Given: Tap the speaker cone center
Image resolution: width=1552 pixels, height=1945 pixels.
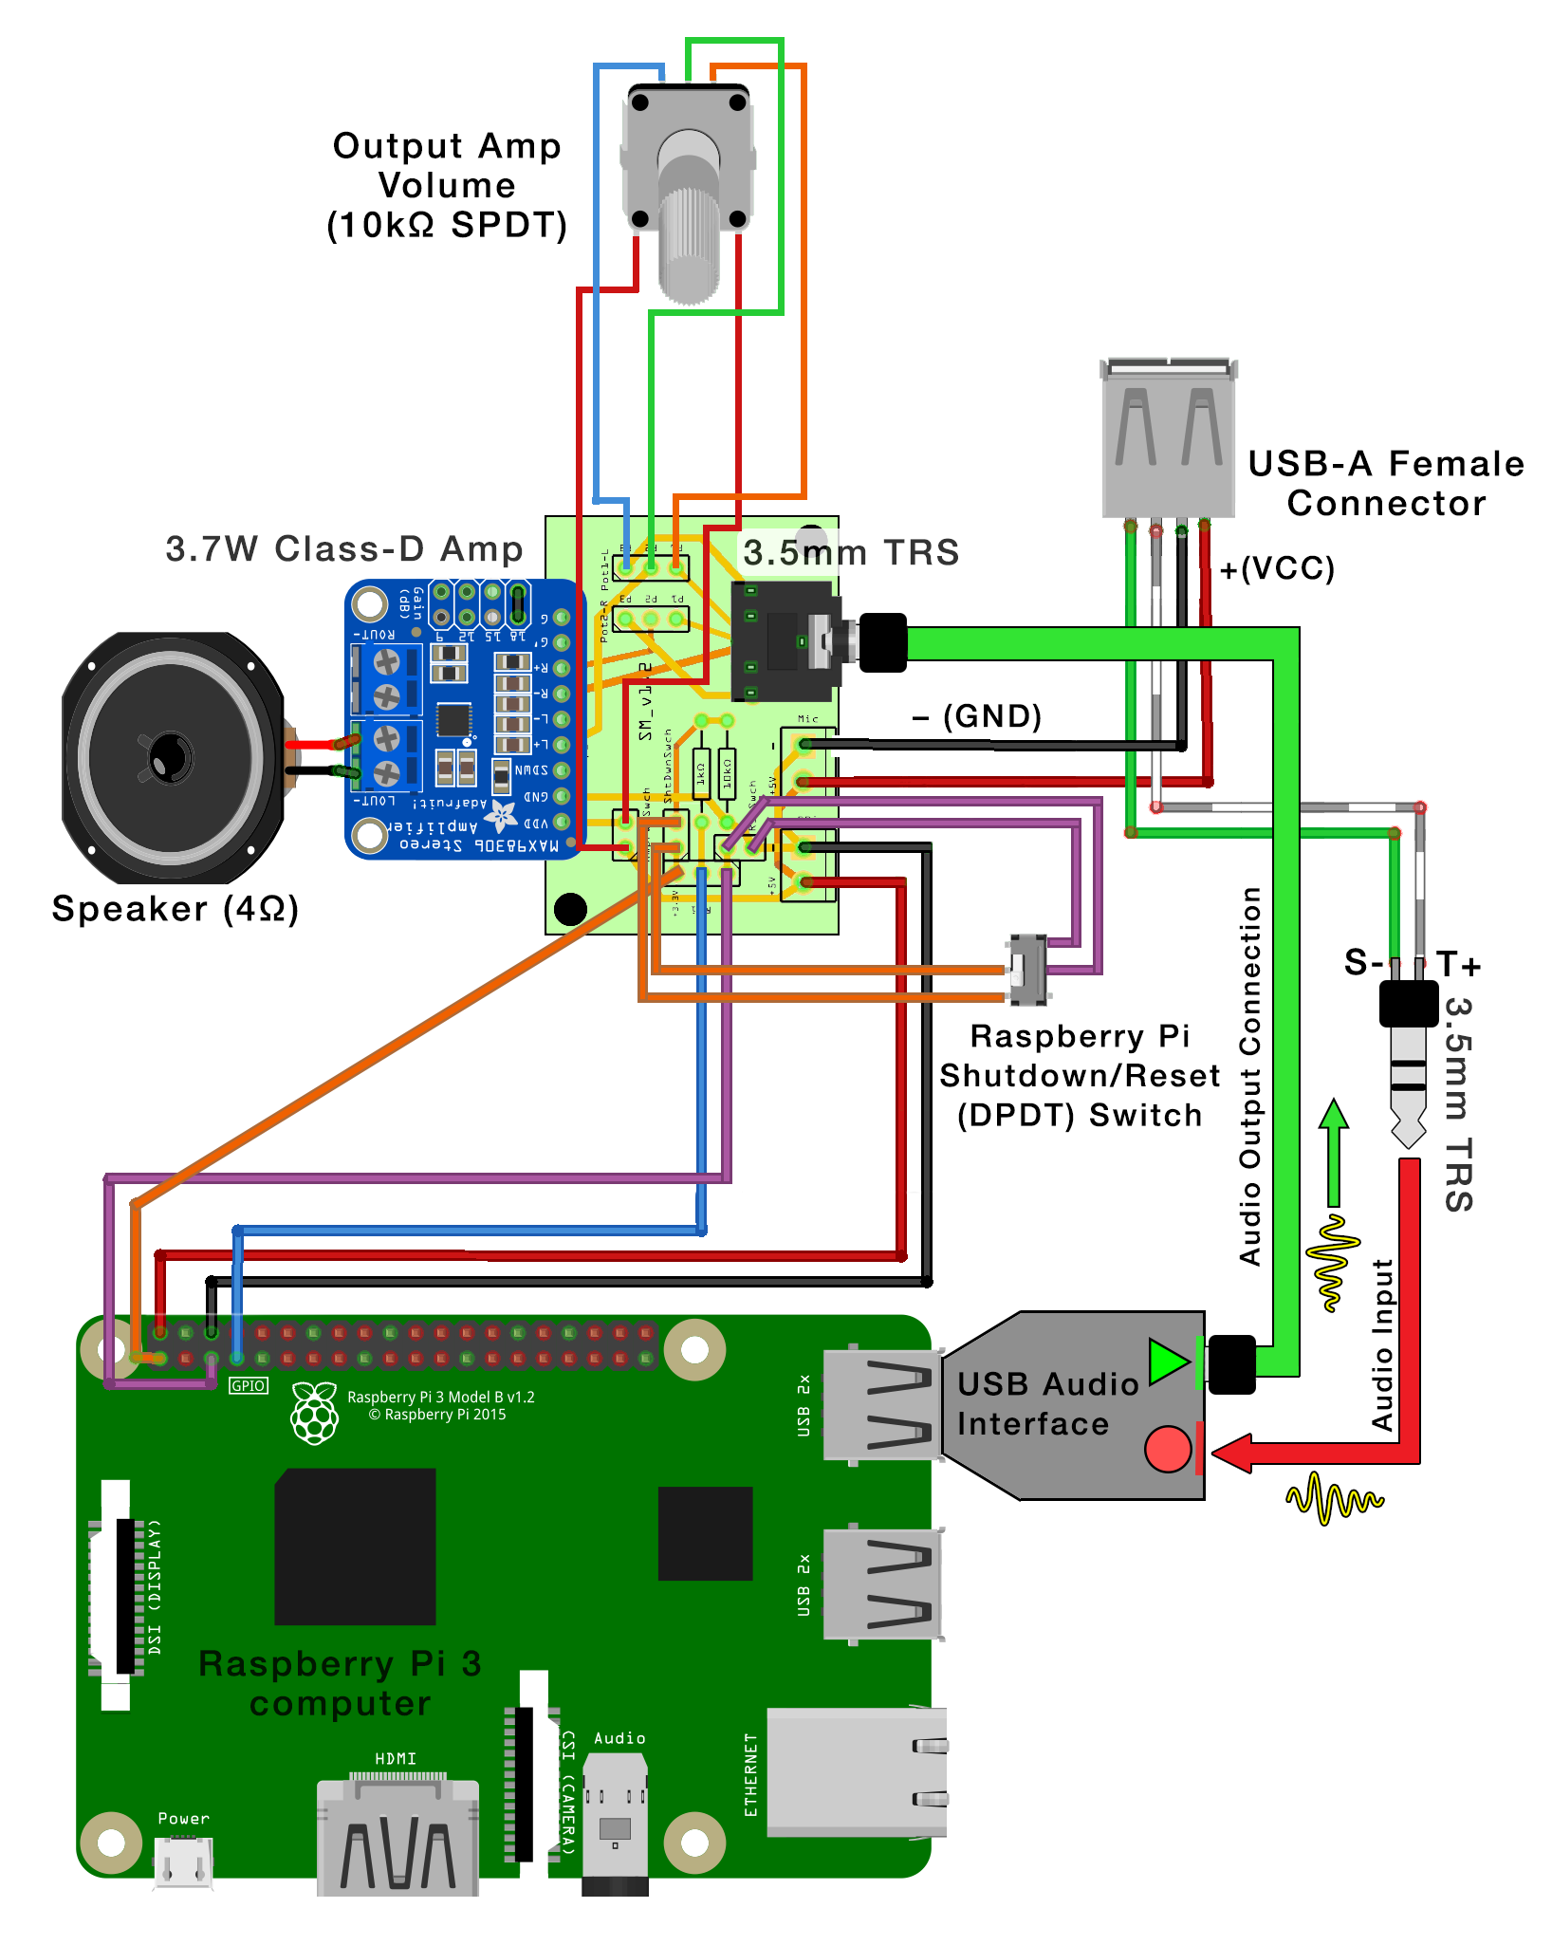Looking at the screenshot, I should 170,757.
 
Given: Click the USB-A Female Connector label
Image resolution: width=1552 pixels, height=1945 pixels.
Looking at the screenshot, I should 1385,483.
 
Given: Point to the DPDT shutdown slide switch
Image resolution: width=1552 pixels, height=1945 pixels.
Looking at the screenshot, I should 1028,970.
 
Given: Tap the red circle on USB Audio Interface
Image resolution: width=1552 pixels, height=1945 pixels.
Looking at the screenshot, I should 1167,1449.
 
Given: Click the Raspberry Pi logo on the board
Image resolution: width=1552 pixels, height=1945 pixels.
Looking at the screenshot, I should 315,1412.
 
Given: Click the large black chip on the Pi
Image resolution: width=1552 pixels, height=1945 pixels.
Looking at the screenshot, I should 355,1546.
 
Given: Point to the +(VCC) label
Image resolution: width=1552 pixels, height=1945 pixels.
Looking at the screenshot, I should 1277,568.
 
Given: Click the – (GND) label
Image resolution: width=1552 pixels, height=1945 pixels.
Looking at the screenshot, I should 977,715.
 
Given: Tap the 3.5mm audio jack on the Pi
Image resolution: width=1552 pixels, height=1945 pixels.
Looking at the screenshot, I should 615,1822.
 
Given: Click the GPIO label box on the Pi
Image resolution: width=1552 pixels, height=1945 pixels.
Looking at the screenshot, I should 249,1385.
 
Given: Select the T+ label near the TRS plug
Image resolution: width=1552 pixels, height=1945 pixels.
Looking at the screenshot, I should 1458,964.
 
